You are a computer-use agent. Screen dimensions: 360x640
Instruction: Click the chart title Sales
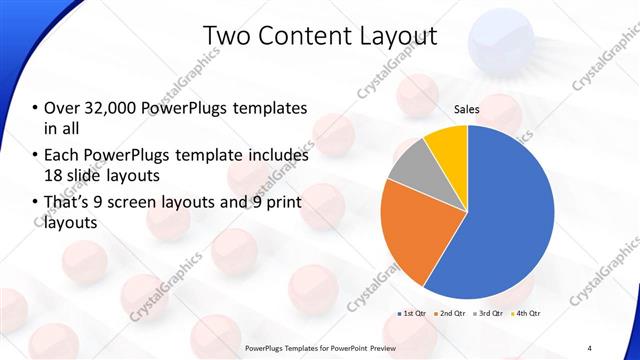pyautogui.click(x=467, y=109)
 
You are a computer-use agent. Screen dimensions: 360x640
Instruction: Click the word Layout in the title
pyautogui.click(x=398, y=37)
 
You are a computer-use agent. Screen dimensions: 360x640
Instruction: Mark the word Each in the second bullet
pyautogui.click(x=63, y=156)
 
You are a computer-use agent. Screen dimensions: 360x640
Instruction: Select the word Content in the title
pyautogui.click(x=302, y=37)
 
